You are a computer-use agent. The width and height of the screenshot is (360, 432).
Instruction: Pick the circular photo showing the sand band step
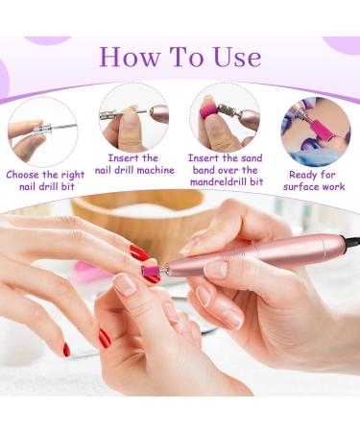(x=224, y=116)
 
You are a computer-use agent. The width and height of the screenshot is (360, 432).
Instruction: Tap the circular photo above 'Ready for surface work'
(x=315, y=132)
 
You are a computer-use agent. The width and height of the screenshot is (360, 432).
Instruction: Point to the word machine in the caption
(x=156, y=170)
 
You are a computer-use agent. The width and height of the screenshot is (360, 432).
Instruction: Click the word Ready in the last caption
(x=299, y=175)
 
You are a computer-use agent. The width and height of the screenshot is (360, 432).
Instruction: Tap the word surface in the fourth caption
(x=302, y=186)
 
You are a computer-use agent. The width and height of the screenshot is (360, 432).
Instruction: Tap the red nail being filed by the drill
(x=139, y=254)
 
